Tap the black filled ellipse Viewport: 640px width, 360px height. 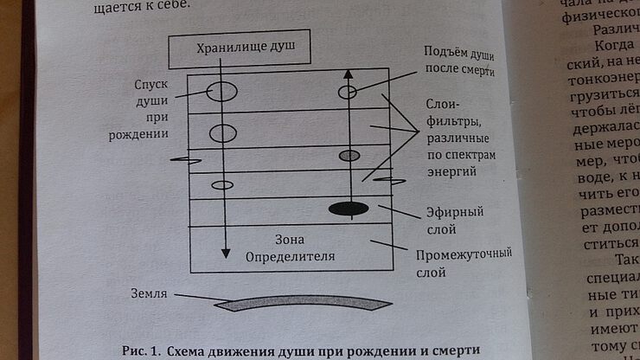click(x=349, y=209)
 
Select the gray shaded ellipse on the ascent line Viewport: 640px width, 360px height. click(x=349, y=156)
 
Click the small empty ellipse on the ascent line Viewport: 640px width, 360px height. click(x=348, y=91)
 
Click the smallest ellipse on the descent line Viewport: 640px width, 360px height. click(x=223, y=184)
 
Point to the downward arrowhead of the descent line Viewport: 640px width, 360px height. click(x=225, y=252)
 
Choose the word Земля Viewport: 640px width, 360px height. click(x=149, y=293)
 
